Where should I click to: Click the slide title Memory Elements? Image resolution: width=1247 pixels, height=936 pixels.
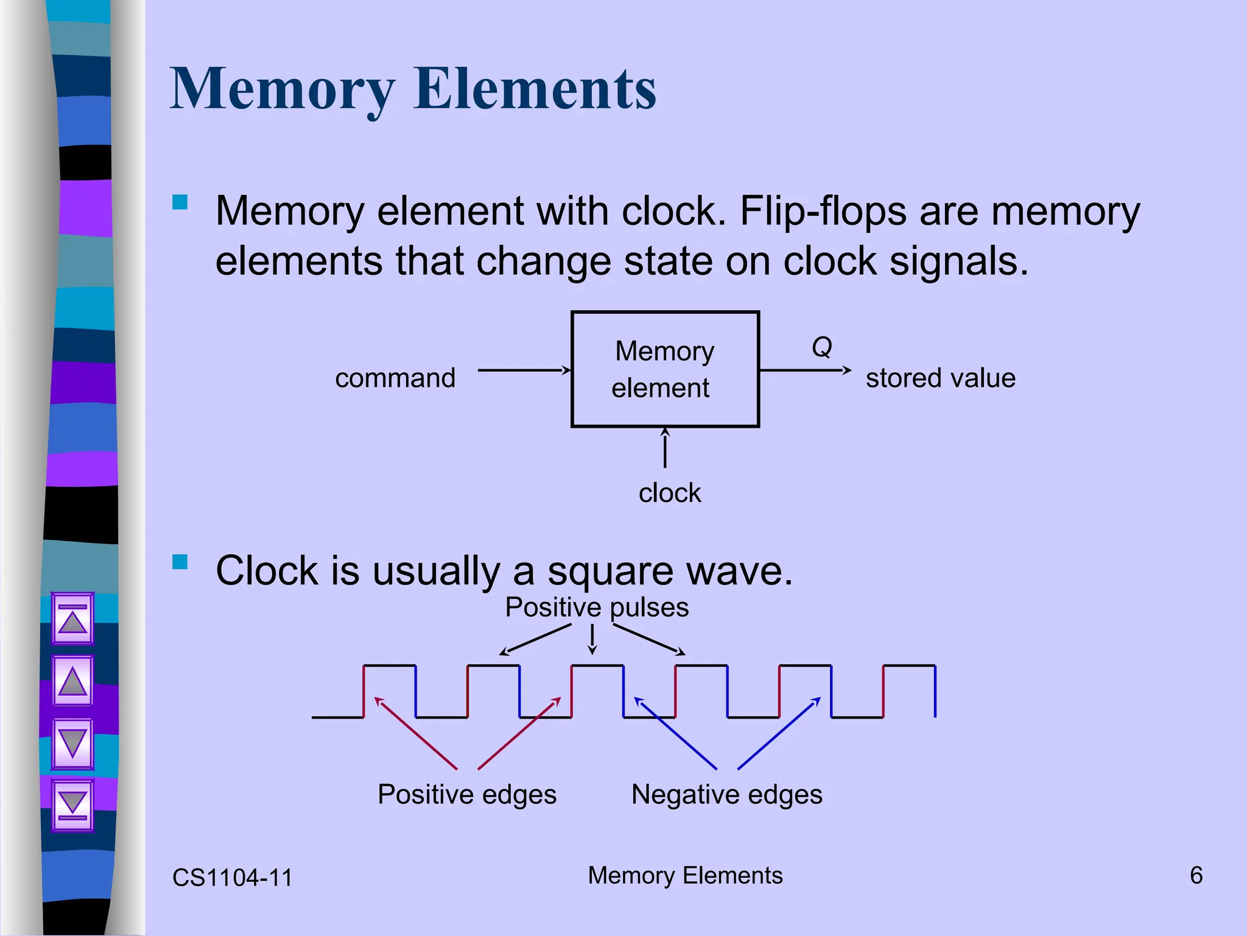413,89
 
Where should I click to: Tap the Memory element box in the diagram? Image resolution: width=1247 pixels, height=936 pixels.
664,369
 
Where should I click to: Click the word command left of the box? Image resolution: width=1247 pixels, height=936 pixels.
395,378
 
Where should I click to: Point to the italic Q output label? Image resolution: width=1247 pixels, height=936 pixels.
821,347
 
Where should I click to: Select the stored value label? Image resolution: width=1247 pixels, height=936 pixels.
940,378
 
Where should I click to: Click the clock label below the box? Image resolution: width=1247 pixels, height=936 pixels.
669,492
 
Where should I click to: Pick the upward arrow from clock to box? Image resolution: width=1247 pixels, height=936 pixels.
665,448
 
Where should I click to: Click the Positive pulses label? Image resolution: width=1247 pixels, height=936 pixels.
597,608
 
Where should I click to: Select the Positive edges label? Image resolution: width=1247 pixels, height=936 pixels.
467,795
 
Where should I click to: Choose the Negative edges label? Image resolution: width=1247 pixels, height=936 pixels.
726,795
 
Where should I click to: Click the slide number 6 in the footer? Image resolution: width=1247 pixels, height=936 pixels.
1196,876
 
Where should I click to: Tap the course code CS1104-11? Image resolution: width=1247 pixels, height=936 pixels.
233,877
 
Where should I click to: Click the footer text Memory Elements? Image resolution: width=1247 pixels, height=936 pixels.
685,876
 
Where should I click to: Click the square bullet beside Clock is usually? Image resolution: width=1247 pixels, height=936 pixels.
180,561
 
